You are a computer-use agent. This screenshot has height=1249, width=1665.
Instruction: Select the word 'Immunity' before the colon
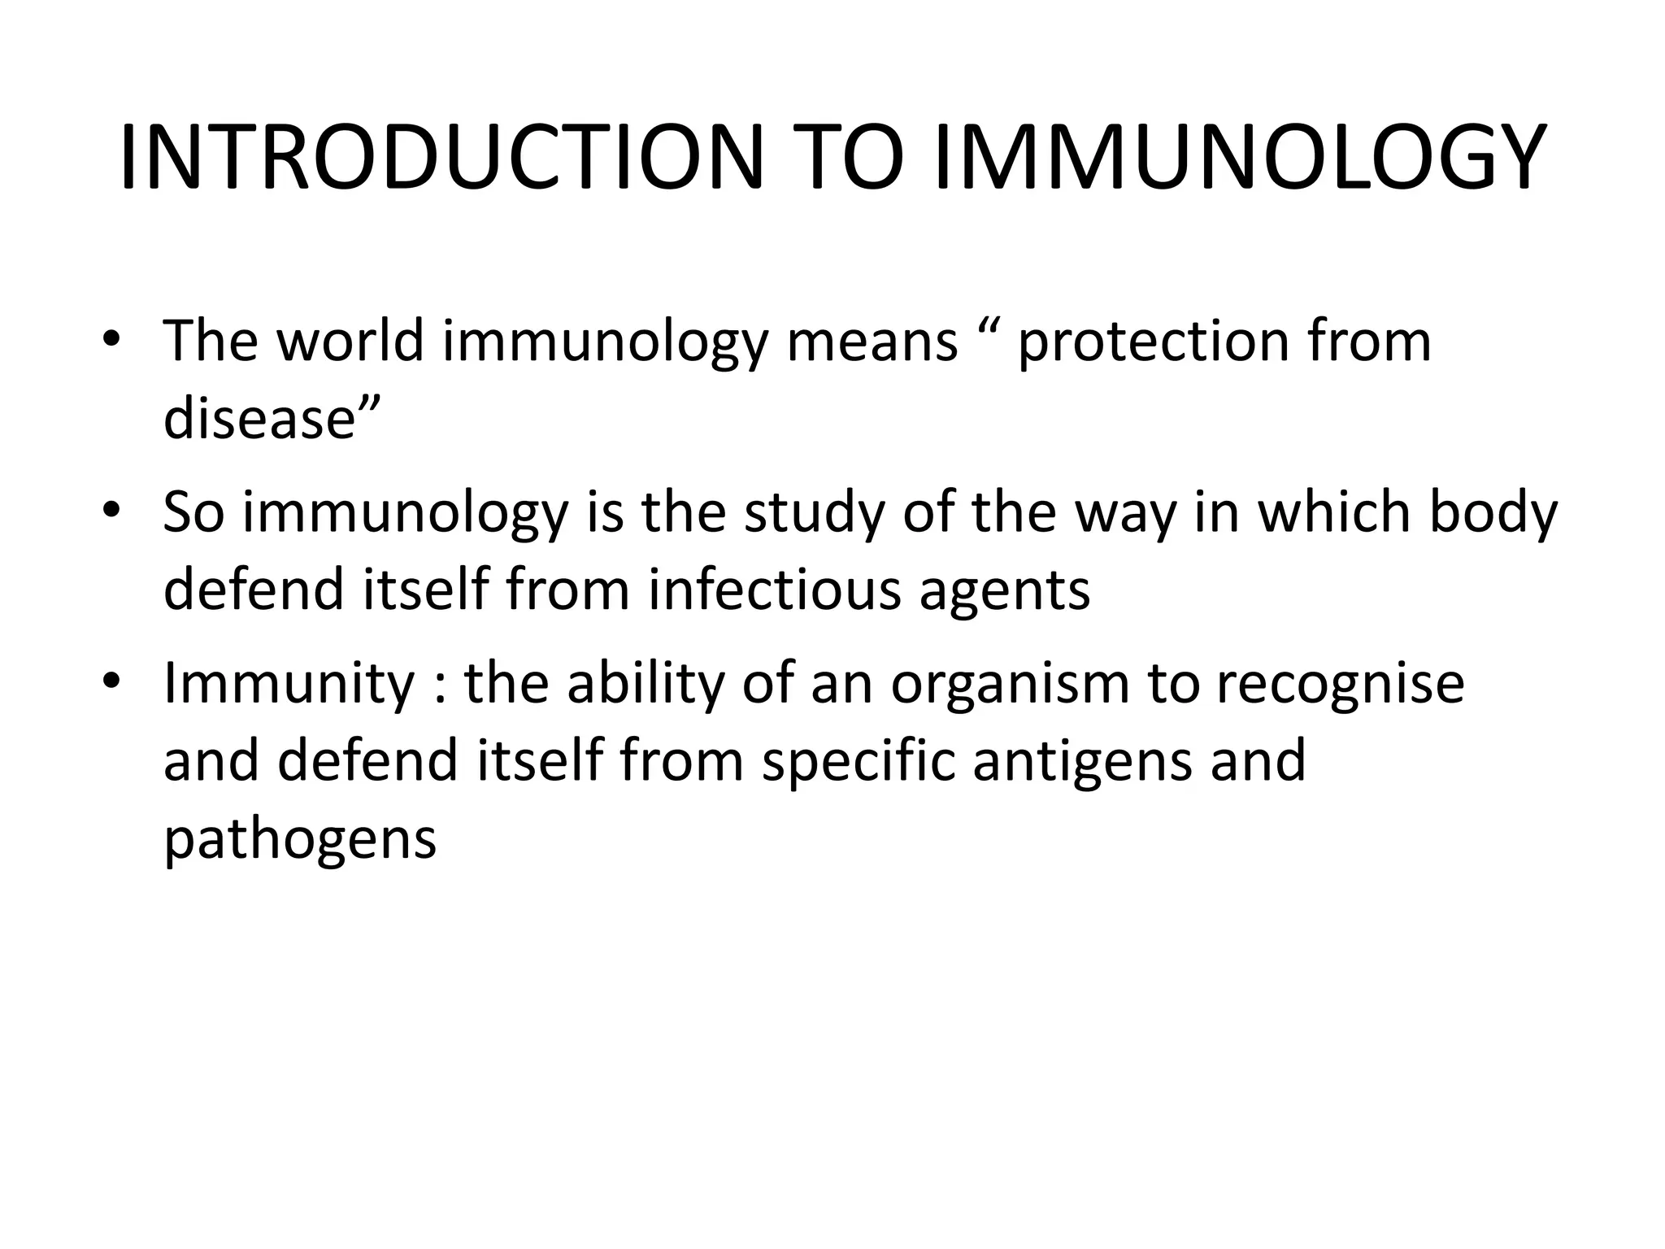[289, 684]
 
